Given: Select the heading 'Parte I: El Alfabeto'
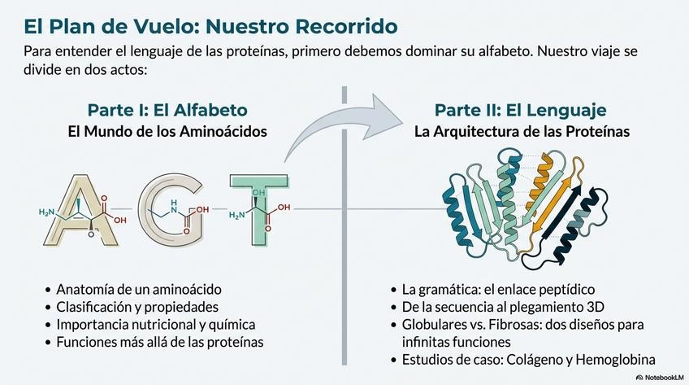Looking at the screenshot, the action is [167, 110].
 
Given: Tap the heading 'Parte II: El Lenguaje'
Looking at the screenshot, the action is [520, 110].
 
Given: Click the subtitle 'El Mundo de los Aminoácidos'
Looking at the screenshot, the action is [167, 130].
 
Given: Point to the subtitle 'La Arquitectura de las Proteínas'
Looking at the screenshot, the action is [520, 130].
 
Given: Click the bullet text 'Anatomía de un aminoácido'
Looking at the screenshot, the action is [138, 289].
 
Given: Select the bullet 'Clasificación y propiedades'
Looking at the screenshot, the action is [137, 307].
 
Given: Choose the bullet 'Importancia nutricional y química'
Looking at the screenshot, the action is [155, 325].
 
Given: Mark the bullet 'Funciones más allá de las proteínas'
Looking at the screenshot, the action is [159, 342].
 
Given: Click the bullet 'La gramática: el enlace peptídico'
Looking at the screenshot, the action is [498, 289].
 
